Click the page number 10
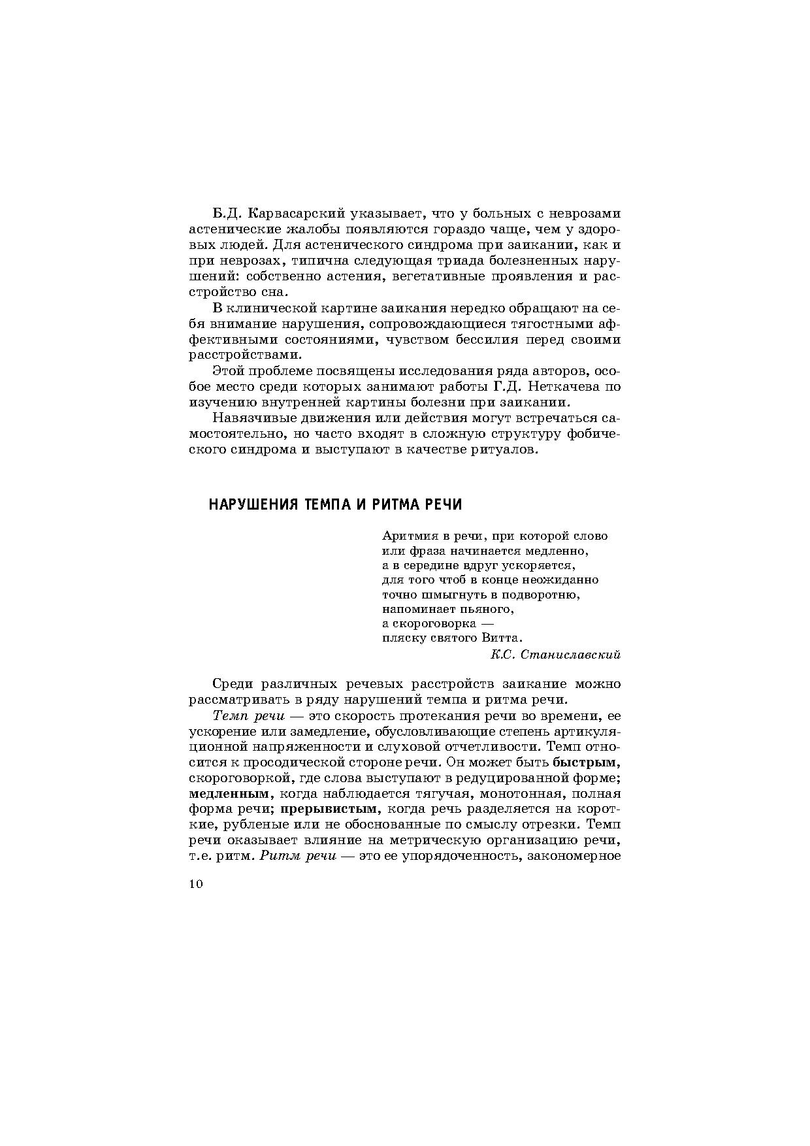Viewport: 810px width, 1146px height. [197, 885]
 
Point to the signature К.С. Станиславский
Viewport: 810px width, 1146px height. [555, 654]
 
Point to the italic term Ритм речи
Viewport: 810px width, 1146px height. [298, 856]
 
